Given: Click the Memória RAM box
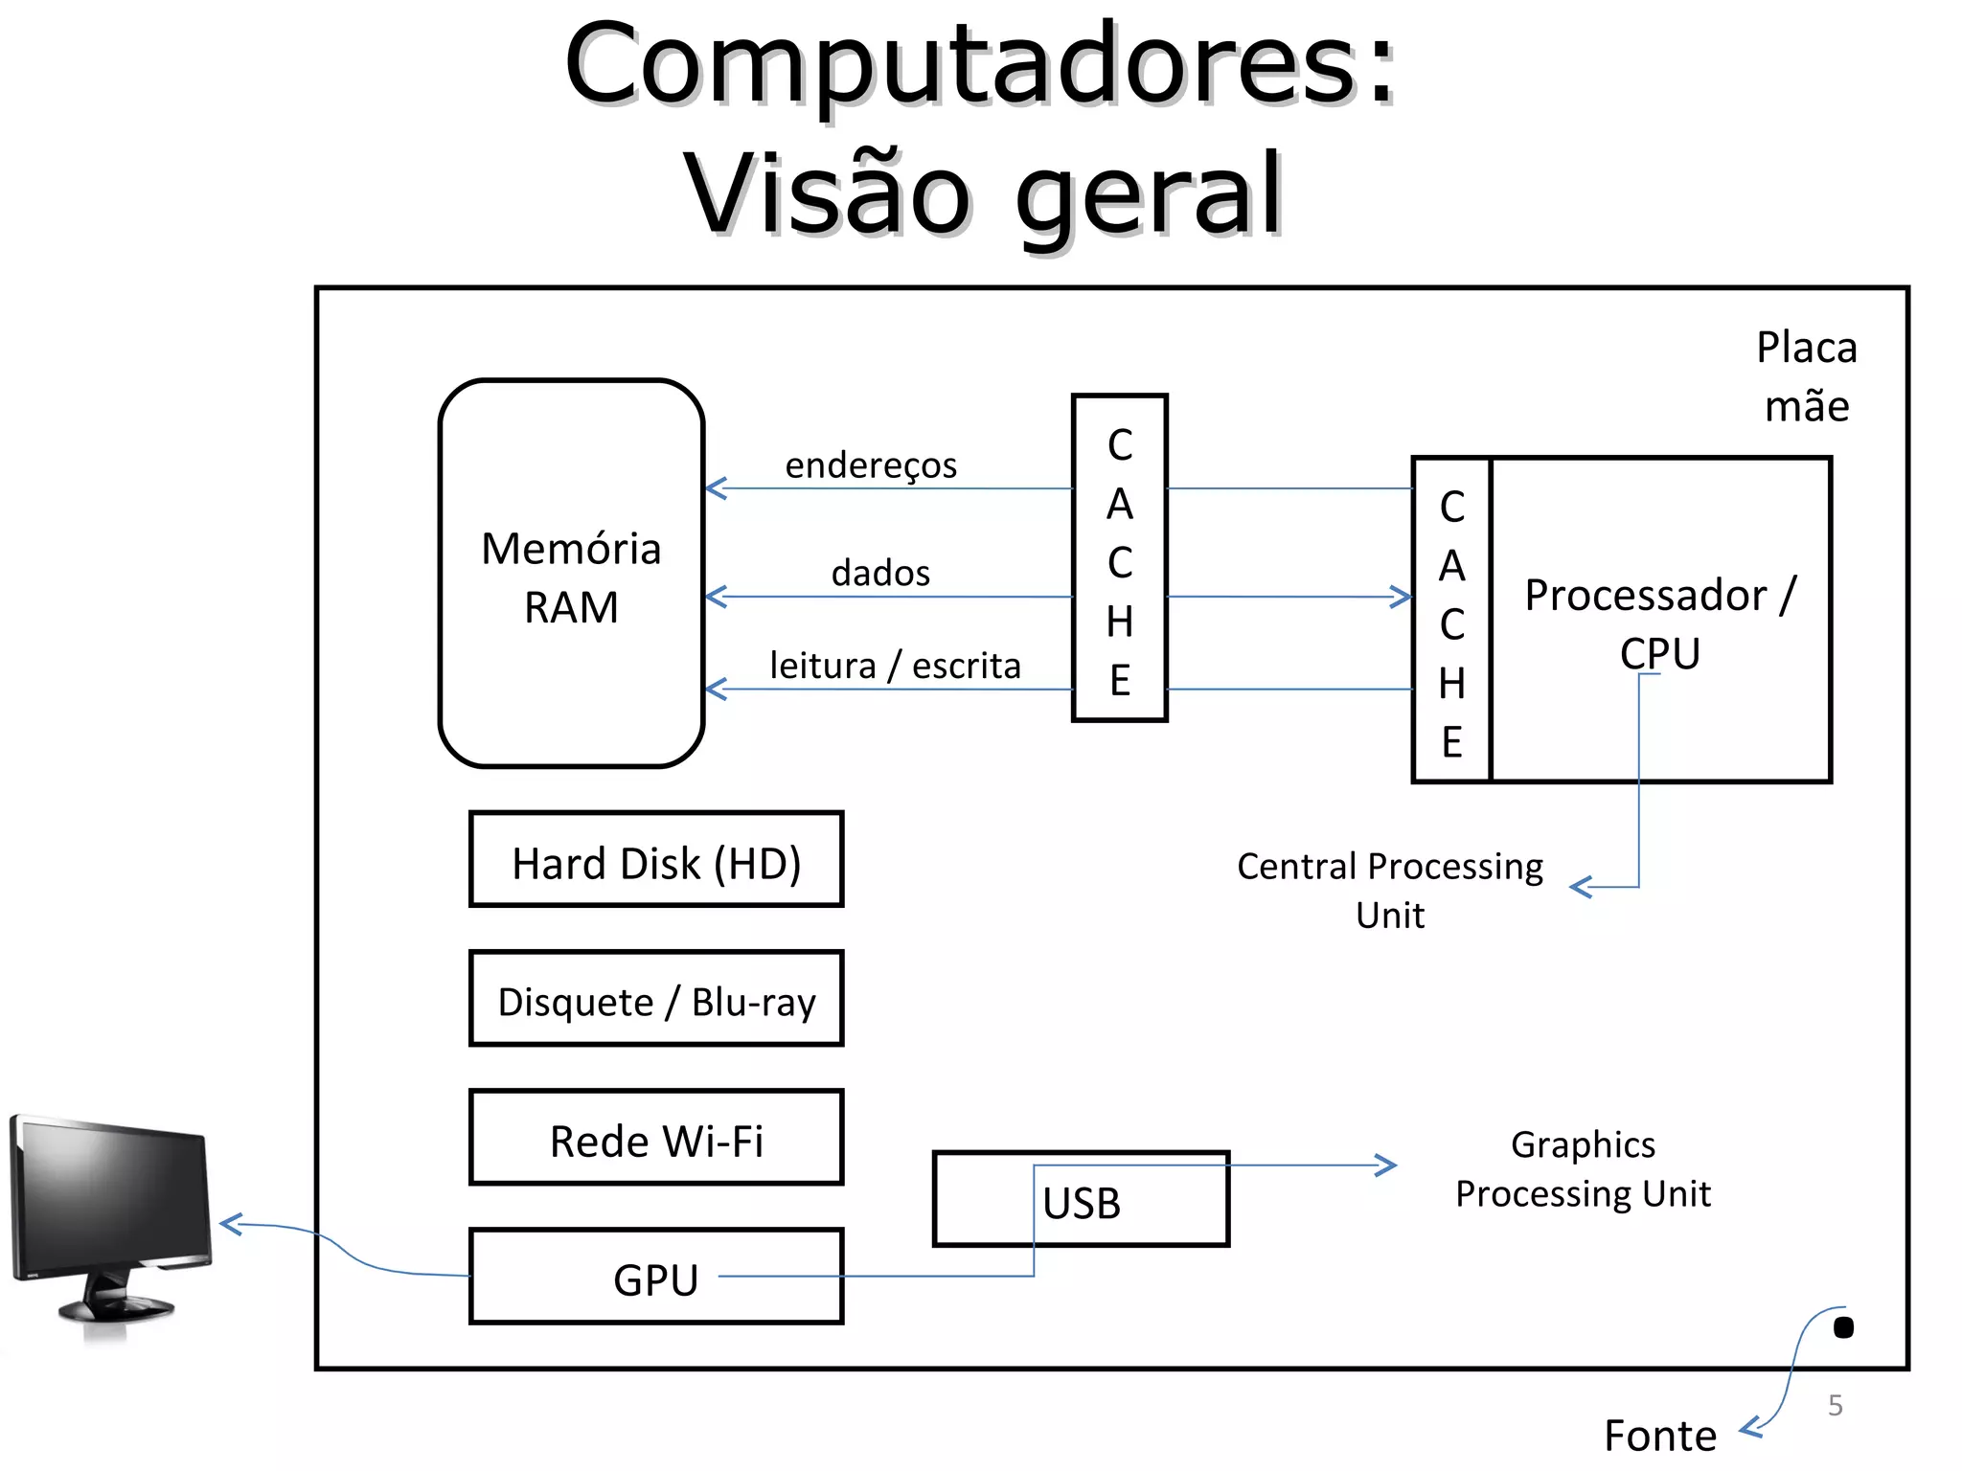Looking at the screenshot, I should tap(571, 575).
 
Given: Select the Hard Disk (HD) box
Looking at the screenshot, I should tap(656, 860).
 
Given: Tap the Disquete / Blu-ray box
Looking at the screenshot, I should tap(656, 999).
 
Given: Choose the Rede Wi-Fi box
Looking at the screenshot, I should tap(656, 1138).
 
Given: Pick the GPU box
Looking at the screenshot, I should tap(656, 1278).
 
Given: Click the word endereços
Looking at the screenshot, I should tap(871, 465).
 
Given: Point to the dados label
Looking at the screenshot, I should tap(880, 573).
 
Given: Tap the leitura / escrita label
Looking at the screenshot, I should tap(895, 666).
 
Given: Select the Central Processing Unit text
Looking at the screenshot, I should tap(1390, 890).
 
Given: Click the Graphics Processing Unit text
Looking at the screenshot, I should tap(1583, 1169).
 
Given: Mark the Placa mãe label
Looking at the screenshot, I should tap(1806, 376).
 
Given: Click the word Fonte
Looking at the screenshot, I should tap(1659, 1436).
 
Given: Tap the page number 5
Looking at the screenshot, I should tap(1835, 1405).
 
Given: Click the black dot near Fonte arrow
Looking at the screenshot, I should tap(1843, 1327).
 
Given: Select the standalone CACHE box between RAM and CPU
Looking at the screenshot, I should tap(1119, 558).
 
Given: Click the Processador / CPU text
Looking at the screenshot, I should tap(1660, 622).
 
